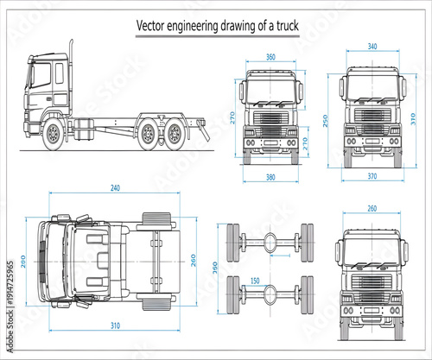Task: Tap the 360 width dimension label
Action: click(x=270, y=57)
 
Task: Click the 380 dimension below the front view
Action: click(x=271, y=179)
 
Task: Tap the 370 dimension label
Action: click(x=372, y=177)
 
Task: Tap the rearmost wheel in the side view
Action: click(x=175, y=133)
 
